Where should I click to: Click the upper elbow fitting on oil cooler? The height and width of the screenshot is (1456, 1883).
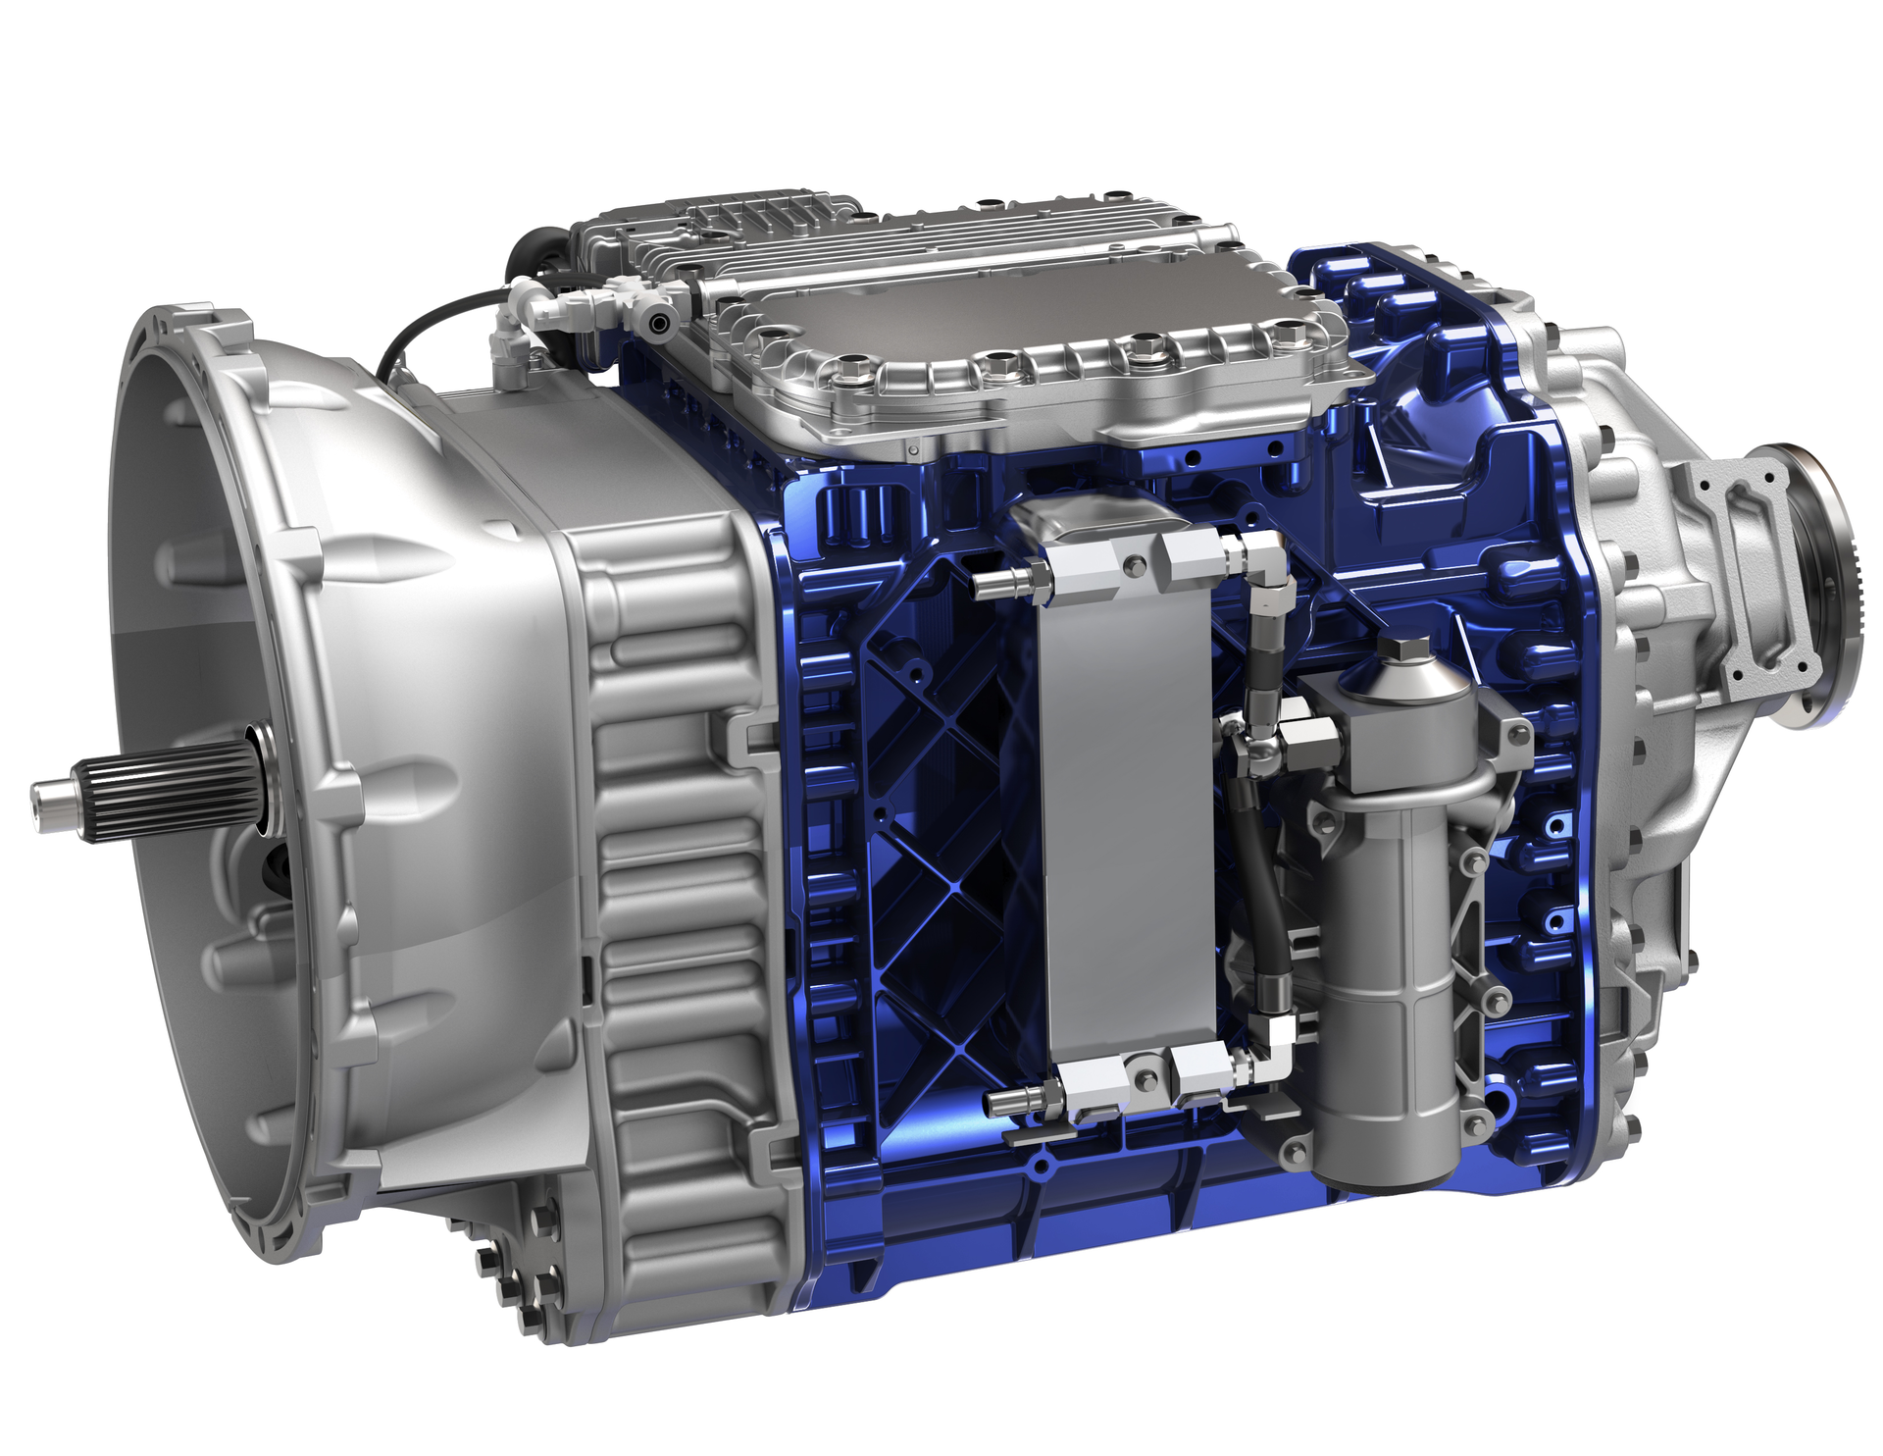(x=1265, y=559)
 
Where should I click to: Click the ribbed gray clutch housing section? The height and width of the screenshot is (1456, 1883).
(x=677, y=863)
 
